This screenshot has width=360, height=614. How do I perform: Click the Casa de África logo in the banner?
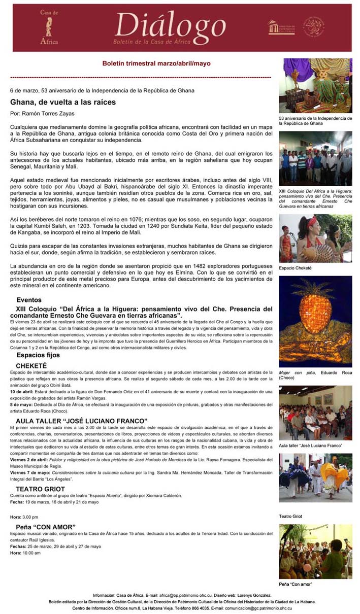(49, 27)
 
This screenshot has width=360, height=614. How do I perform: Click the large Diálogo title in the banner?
(170, 26)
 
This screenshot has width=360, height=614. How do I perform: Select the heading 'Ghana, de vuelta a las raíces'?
(63, 102)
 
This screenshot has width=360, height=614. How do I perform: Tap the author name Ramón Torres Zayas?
(49, 114)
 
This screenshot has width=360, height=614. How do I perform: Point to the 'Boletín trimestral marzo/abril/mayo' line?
(156, 64)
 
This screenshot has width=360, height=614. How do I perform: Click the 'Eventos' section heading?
(29, 300)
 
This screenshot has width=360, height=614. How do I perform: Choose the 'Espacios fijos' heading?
(38, 355)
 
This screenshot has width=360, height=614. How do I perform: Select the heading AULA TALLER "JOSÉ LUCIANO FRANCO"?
(81, 421)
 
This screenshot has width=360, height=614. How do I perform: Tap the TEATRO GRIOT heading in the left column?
(40, 489)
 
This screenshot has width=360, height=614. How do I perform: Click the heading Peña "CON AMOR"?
(46, 527)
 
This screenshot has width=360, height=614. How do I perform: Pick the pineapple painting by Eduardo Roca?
(315, 321)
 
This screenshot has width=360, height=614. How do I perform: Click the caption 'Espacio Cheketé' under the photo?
(295, 268)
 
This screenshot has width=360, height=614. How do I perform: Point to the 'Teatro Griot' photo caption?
(290, 516)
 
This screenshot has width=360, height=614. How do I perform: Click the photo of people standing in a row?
(315, 160)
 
